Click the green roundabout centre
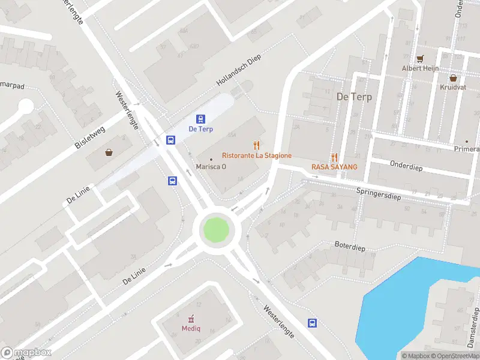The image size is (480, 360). [x=216, y=230]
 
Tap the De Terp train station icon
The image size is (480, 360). [x=201, y=119]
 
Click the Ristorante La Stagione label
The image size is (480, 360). [x=257, y=155]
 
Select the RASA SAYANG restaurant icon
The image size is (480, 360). [x=334, y=157]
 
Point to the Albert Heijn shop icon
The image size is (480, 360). [x=421, y=59]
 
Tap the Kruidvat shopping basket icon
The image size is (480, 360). [x=452, y=77]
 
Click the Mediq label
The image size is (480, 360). [x=191, y=328]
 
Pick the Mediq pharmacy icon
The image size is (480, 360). [x=191, y=318]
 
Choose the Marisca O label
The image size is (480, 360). [x=211, y=166]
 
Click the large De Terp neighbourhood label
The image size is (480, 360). [x=354, y=97]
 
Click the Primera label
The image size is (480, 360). [x=468, y=149]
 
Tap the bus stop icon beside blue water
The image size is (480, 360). [x=312, y=323]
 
